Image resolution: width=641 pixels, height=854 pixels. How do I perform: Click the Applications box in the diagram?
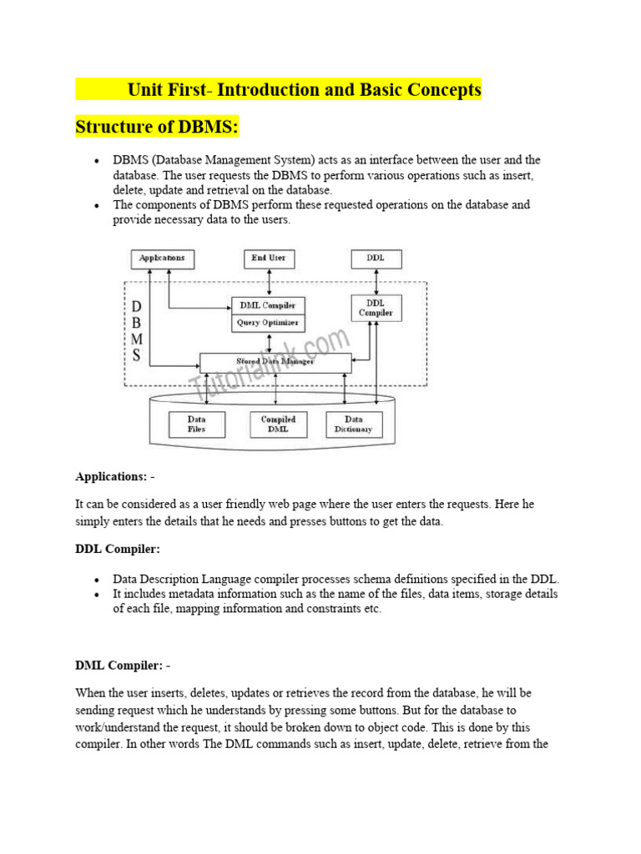point(163,259)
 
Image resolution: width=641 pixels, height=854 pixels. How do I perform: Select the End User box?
point(269,259)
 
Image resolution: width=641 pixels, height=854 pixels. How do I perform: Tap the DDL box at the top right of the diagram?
point(376,259)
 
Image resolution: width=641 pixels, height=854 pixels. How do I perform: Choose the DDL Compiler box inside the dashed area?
point(376,308)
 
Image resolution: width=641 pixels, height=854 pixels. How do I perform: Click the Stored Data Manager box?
point(275,363)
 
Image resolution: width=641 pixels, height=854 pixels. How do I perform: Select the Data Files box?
point(197,424)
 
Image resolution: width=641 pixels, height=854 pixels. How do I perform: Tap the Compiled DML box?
point(278,424)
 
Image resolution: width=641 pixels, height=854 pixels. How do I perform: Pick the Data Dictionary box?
point(353,424)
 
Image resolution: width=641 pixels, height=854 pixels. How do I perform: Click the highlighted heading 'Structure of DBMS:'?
point(157,128)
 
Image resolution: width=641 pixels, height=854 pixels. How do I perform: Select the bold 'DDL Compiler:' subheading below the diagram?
point(118,550)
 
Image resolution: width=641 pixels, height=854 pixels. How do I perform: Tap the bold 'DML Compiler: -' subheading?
point(123,666)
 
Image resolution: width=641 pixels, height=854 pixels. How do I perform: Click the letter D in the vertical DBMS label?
point(136,307)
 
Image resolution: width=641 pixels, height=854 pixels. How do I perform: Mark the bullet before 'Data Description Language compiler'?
point(97,580)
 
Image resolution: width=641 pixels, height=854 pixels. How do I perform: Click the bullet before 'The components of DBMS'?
point(97,205)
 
